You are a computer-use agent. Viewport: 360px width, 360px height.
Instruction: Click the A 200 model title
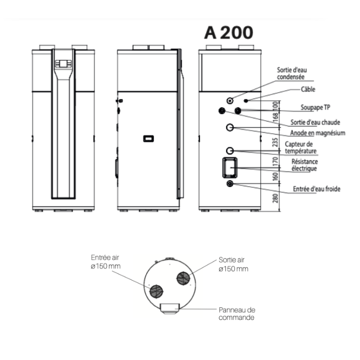click(x=228, y=33)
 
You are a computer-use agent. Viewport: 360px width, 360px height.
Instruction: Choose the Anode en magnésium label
click(x=317, y=133)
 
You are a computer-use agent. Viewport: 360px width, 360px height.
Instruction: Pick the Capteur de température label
click(x=299, y=147)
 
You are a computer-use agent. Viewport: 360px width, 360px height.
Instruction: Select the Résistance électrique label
click(x=305, y=165)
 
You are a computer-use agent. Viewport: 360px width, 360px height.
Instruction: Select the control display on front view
click(x=63, y=63)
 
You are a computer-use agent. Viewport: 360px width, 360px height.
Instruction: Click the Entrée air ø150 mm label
click(x=106, y=261)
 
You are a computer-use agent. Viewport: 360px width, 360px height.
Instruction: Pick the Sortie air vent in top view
click(x=183, y=278)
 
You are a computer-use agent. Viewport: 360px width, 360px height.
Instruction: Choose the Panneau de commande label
click(x=236, y=314)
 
